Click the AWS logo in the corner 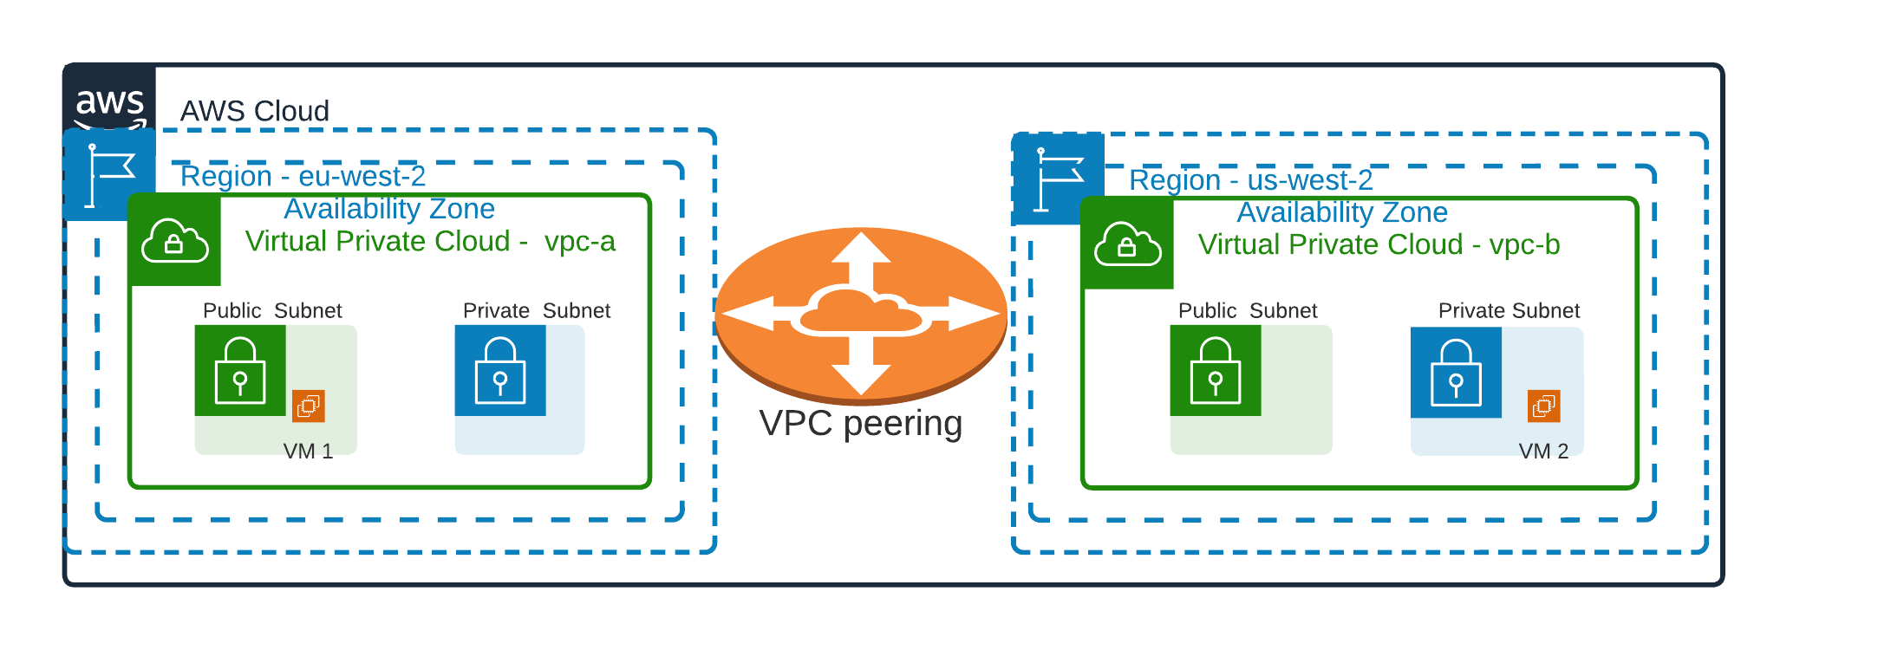[109, 102]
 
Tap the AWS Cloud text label [254, 111]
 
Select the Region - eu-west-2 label [303, 176]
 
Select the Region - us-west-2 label [1250, 179]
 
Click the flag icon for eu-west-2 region [109, 175]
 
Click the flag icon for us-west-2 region [1058, 179]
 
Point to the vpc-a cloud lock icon [174, 240]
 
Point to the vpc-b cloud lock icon [1127, 244]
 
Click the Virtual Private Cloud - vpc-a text [430, 241]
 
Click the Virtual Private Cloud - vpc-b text [1379, 244]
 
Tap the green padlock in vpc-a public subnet [240, 370]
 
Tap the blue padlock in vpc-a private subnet [500, 370]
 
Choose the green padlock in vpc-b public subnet [1216, 370]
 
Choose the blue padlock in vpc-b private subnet [1456, 372]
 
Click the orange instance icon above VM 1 [309, 406]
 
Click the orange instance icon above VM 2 [1543, 406]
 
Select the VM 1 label [308, 451]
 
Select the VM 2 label [1543, 451]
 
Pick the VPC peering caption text [860, 423]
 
